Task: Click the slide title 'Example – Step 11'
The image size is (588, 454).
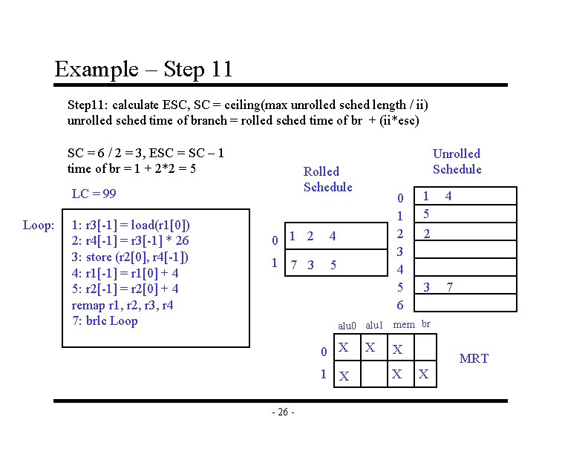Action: [x=143, y=70]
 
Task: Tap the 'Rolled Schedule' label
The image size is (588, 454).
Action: [x=327, y=179]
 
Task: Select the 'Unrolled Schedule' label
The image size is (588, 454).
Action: [x=457, y=161]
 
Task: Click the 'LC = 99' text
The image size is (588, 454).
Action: [x=94, y=194]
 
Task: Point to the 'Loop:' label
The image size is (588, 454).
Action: [x=38, y=225]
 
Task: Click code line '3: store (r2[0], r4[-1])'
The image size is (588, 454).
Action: [x=130, y=257]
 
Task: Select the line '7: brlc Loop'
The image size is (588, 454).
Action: [x=105, y=320]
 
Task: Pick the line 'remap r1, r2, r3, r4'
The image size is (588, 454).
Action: [x=122, y=305]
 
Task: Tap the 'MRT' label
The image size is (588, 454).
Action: [x=474, y=359]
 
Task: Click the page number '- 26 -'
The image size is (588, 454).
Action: [x=283, y=412]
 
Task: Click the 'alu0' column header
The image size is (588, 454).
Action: [x=347, y=326]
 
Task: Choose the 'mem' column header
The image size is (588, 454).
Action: [x=404, y=324]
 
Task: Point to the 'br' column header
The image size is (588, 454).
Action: [x=426, y=323]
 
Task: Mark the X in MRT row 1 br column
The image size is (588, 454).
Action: [x=424, y=375]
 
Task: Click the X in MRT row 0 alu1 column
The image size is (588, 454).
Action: [x=371, y=347]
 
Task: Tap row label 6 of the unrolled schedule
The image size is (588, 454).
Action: [x=400, y=305]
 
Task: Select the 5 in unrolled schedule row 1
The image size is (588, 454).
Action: [x=426, y=214]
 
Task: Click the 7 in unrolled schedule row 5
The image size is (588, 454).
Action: [x=450, y=287]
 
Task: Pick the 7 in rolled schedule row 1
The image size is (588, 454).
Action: [x=295, y=265]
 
